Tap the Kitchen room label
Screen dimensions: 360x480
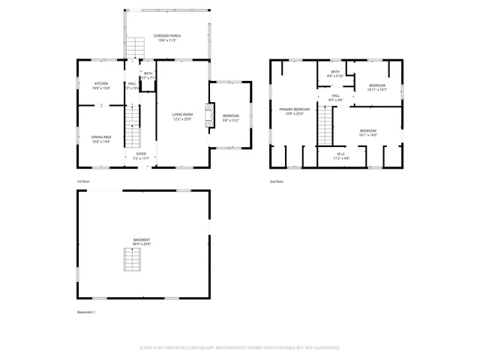[101, 85]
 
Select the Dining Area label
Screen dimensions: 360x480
[101, 139]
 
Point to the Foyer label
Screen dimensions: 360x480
[141, 155]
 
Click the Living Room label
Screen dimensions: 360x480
[183, 116]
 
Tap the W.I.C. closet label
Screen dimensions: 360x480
[341, 156]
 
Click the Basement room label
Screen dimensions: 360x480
[142, 241]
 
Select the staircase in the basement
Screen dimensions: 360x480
[133, 261]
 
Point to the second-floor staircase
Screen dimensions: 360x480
[324, 126]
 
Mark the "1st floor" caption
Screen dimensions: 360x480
[84, 181]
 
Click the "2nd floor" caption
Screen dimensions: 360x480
[277, 181]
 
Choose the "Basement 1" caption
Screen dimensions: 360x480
[86, 311]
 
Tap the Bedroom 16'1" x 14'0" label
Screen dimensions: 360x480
[367, 133]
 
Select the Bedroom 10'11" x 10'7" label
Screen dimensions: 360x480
[377, 88]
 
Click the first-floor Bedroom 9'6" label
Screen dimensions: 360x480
[230, 118]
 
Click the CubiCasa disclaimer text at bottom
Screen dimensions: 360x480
[239, 348]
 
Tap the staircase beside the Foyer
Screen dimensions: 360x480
[132, 127]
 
